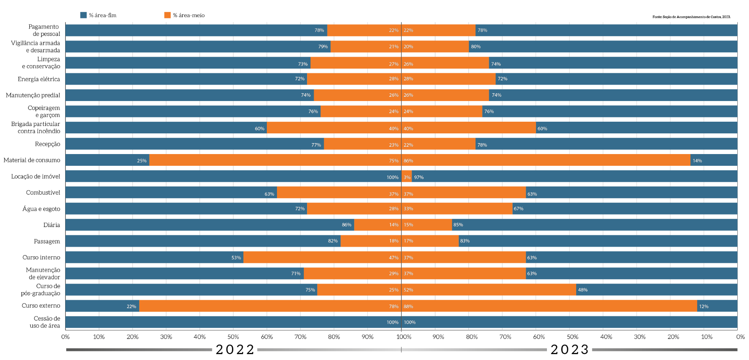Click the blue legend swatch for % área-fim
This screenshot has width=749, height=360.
83,15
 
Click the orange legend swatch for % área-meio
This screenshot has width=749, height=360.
167,15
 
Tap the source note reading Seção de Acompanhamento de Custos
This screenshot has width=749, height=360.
691,17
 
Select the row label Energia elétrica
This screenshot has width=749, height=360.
39,79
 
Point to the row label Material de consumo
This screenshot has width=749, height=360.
32,160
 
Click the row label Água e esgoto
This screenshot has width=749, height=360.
41,209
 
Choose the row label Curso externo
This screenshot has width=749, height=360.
41,306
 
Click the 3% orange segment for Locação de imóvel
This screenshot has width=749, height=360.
406,177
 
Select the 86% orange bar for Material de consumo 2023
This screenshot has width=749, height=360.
546,160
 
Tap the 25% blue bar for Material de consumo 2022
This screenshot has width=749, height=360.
107,160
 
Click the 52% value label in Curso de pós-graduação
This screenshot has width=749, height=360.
408,290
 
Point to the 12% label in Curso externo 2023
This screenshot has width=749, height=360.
703,307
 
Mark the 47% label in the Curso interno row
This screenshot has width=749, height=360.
393,258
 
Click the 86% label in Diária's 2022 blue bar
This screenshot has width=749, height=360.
346,225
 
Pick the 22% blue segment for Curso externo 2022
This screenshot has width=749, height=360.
102,306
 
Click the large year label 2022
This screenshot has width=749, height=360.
235,349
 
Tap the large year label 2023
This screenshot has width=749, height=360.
570,349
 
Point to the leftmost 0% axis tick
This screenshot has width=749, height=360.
66,337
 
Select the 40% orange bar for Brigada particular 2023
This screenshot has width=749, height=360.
468,128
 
